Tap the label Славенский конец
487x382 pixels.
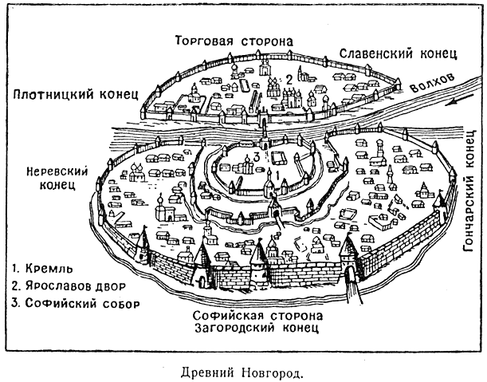pos(397,53)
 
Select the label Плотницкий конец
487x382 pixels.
pos(77,94)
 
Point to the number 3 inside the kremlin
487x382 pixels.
pos(254,157)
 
